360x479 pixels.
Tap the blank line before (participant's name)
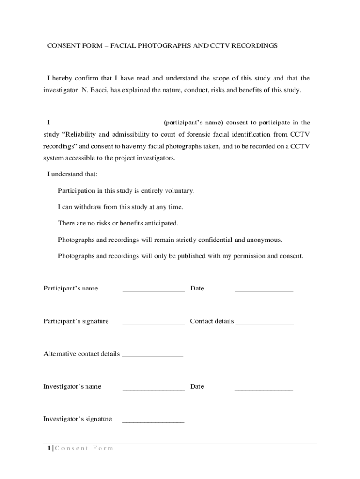(x=107, y=123)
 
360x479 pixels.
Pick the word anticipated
(x=160, y=223)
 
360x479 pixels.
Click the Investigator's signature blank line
(x=153, y=421)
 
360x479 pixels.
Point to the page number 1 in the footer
(x=49, y=448)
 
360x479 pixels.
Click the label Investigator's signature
(x=78, y=419)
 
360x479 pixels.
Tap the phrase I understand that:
(x=72, y=174)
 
